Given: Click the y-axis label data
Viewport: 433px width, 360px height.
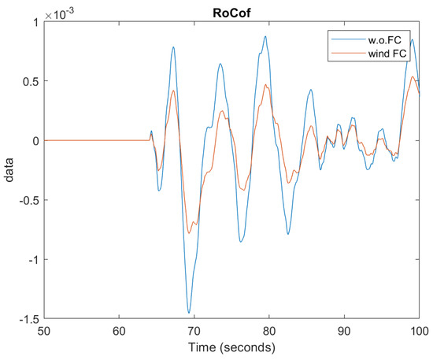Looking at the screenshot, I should click(x=11, y=169).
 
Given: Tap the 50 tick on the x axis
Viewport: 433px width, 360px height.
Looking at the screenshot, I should click(x=44, y=331).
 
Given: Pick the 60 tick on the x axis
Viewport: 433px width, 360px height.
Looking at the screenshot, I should click(x=119, y=331).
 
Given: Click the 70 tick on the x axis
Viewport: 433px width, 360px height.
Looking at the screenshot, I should click(x=194, y=331).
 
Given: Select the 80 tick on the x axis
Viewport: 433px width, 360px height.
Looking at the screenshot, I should click(x=269, y=331).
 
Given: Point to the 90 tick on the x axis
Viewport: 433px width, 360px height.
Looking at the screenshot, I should click(x=345, y=331).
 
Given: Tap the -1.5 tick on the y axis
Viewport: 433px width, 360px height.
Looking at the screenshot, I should click(x=29, y=318).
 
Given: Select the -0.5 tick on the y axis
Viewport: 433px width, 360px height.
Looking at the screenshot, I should click(x=29, y=199).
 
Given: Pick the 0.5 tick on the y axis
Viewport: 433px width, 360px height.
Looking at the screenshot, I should click(x=31, y=80).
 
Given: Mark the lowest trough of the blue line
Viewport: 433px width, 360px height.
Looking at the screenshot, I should click(x=189, y=314).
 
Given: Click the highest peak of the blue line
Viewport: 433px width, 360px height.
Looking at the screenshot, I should click(x=266, y=36).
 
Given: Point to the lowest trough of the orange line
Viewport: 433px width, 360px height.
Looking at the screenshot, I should click(x=190, y=233).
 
